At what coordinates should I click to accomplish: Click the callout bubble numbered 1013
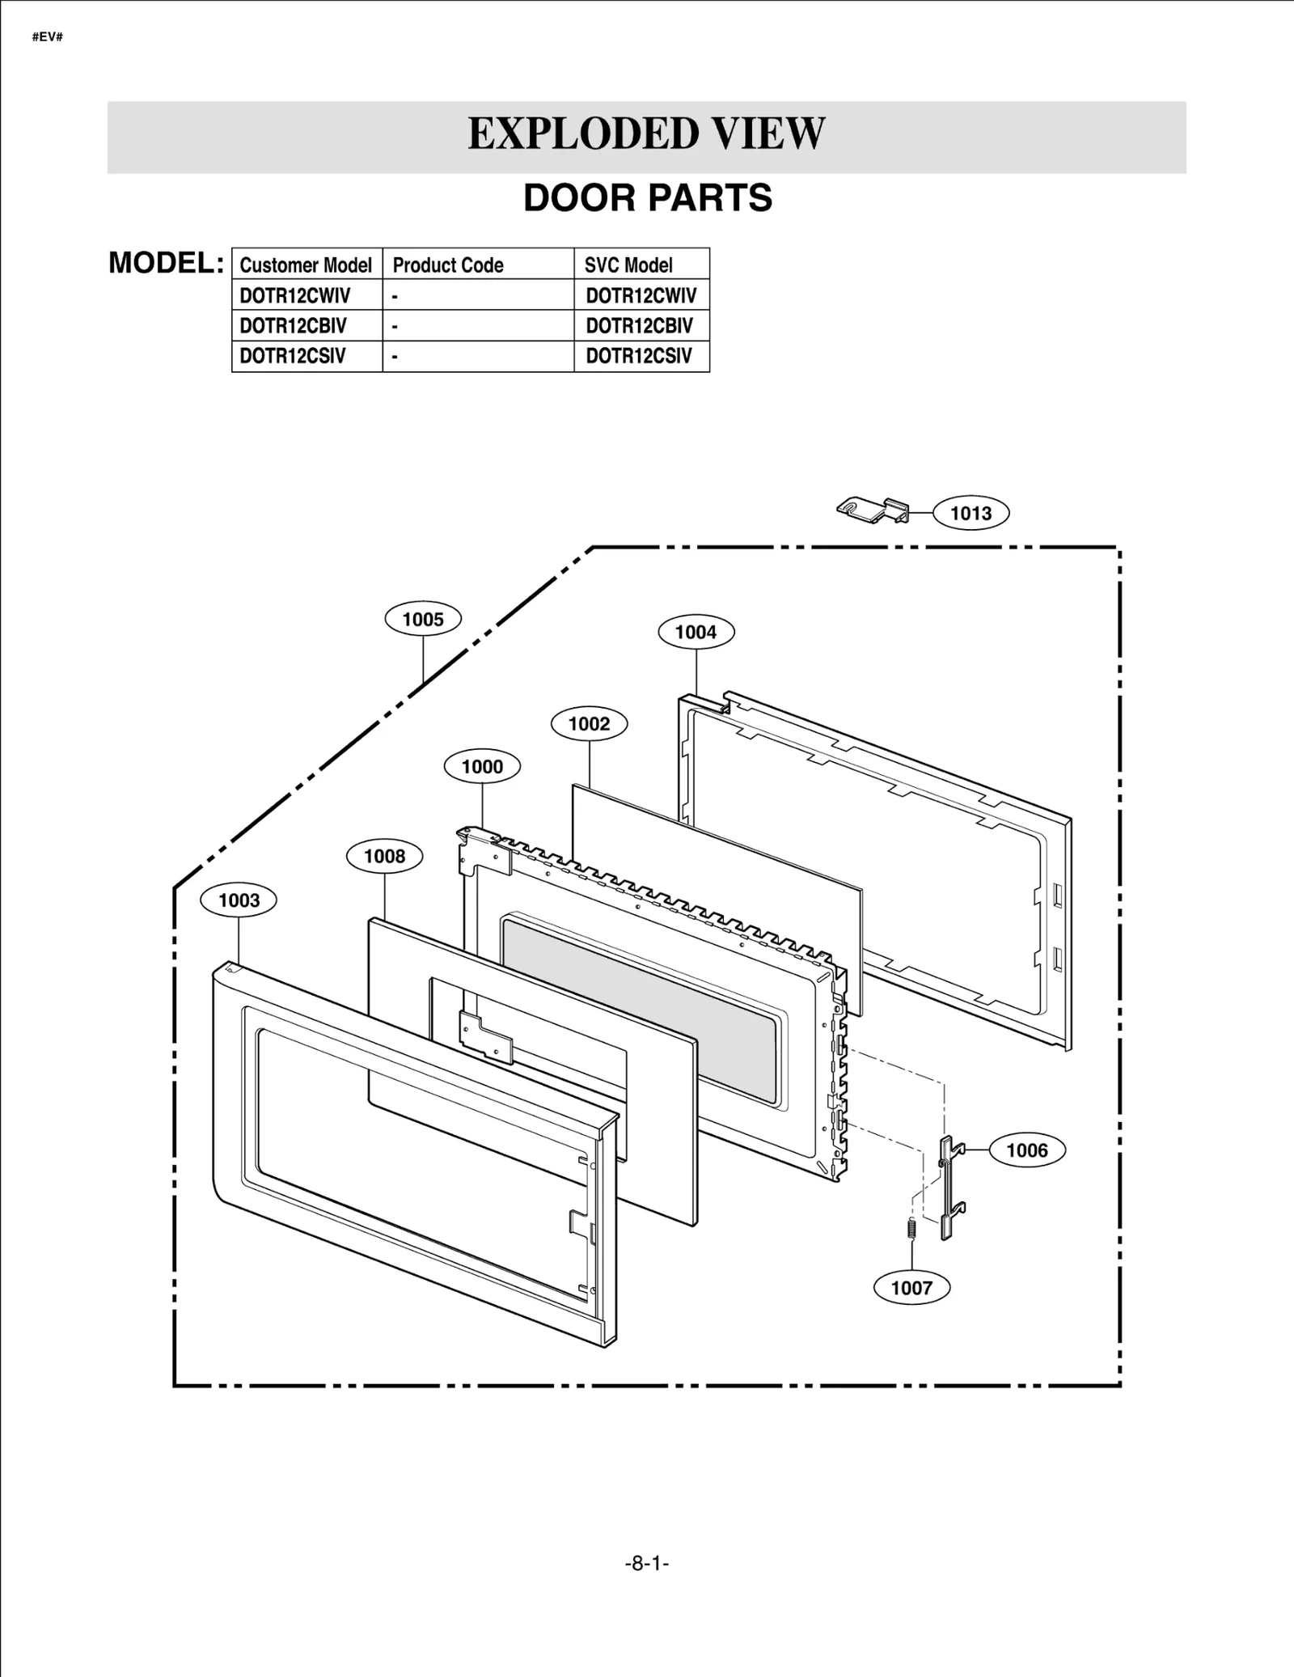[970, 513]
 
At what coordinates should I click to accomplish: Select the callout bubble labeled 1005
[423, 620]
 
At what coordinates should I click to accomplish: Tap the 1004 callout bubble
[696, 632]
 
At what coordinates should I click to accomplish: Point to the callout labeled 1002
[589, 723]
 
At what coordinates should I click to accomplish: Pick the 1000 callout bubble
[482, 766]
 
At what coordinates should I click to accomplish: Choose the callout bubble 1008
[384, 856]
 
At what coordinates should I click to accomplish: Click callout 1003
[239, 900]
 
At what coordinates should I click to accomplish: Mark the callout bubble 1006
[1026, 1150]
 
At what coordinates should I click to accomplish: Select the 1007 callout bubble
[911, 1287]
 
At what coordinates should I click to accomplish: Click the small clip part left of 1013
[872, 510]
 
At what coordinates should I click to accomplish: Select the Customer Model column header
[306, 265]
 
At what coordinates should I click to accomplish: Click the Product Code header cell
[448, 265]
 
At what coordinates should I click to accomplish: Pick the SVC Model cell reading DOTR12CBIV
[639, 326]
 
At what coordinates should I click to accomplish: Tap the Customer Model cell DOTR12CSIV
[293, 356]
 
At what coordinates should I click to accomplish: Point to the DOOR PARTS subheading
[648, 198]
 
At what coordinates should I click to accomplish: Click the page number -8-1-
[647, 1563]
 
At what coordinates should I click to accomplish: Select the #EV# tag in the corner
[47, 37]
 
